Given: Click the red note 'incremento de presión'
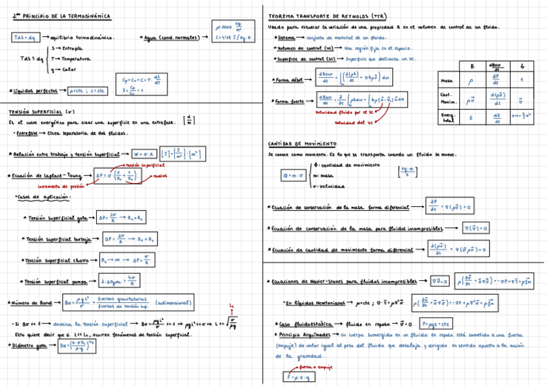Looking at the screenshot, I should tap(61, 186).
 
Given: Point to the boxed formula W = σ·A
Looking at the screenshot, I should tap(144, 154).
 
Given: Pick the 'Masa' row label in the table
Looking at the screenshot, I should tap(446, 81).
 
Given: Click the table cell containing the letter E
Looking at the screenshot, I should tap(471, 117).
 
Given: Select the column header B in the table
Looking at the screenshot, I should tap(472, 66).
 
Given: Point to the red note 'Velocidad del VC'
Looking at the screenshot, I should tap(351, 122).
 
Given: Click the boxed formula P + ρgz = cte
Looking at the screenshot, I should tap(437, 323).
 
